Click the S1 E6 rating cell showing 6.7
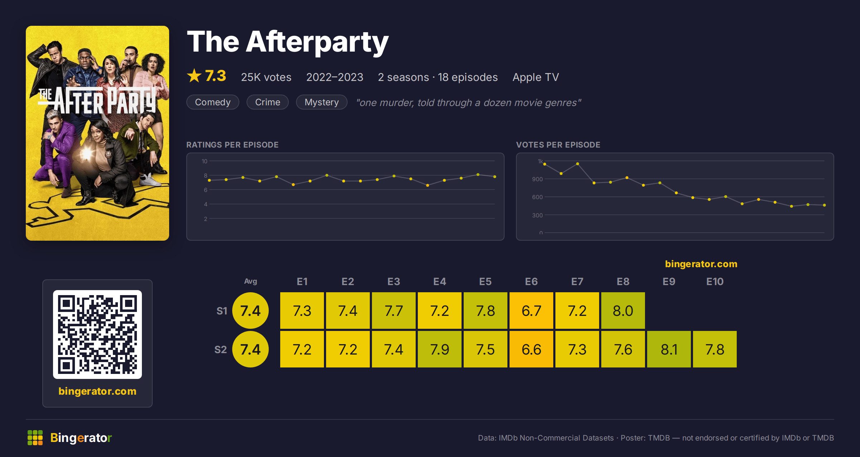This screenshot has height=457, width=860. coord(531,311)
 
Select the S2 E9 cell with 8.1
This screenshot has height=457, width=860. coord(669,349)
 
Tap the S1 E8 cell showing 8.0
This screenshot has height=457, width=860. coord(623,311)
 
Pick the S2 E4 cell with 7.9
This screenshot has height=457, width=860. coord(440,349)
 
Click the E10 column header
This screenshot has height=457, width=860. coord(715,282)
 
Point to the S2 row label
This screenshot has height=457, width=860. coord(221,350)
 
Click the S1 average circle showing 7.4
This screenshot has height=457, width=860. coord(250,311)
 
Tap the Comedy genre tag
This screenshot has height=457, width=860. coord(213,102)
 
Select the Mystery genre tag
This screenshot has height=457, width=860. coord(322,102)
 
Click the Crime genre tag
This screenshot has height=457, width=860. coord(268,102)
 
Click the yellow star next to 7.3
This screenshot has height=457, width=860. coord(194,76)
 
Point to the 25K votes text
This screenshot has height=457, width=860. coord(266,77)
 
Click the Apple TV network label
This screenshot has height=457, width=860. coord(536,77)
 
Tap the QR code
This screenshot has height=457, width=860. coord(97,335)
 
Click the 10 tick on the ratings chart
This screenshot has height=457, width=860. coord(205,161)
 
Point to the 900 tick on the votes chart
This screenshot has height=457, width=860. coord(537,179)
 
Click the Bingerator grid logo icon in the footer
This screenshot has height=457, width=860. coord(35,438)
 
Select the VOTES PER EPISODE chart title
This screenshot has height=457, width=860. coord(558,145)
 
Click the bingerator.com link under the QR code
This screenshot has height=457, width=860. coord(97,391)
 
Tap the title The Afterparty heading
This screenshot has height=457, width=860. coord(288,42)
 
